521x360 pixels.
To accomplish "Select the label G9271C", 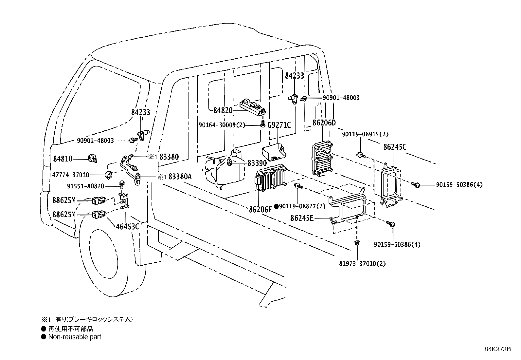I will (279, 125).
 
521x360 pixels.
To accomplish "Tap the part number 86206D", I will (324, 123).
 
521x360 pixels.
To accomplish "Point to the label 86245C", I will (395, 147).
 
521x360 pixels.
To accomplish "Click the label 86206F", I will (260, 209).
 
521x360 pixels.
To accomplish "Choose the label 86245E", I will (302, 218).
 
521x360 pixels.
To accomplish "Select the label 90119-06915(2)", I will (365, 134).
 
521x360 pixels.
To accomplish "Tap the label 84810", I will (63, 159).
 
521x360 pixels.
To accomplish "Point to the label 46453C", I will (128, 226).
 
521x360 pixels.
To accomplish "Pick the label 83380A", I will (180, 177).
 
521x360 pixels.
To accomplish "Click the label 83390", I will (257, 162).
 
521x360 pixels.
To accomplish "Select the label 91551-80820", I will (85, 186).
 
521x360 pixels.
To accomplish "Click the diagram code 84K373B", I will (497, 349).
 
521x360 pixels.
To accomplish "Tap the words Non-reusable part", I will (75, 337).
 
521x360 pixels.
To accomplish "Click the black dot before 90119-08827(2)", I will (276, 206).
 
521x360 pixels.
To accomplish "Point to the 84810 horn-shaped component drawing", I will (93, 159).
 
